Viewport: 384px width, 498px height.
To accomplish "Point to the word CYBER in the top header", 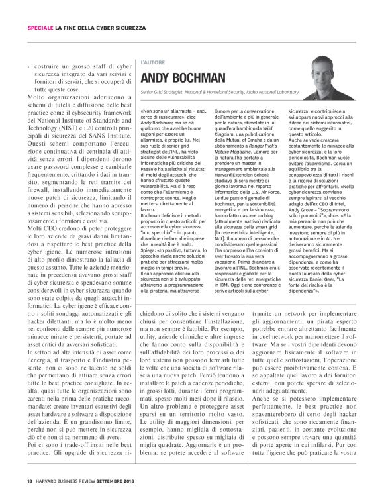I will click(x=97, y=26).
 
